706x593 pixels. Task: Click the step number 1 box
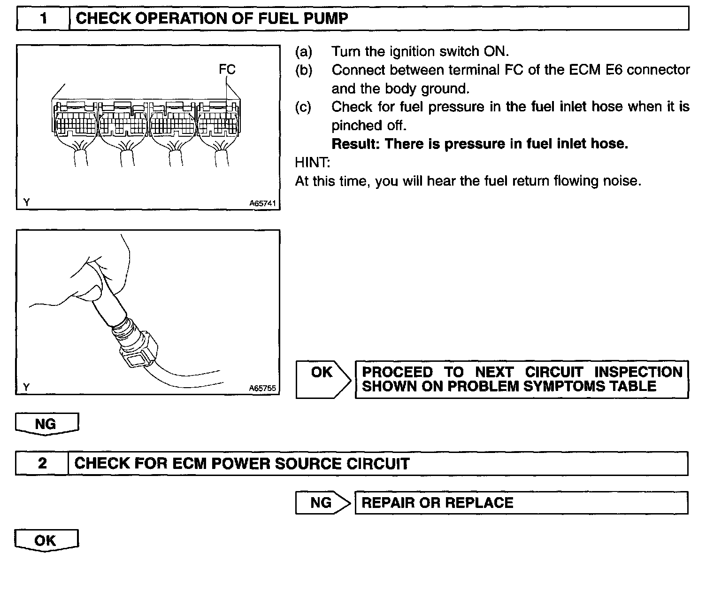(x=43, y=19)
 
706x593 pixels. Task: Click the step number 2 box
(x=42, y=463)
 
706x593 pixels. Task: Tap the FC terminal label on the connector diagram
(x=227, y=70)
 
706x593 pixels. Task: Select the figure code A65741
(x=262, y=203)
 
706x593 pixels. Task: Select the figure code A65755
(x=262, y=388)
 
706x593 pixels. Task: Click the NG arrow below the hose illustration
(x=46, y=424)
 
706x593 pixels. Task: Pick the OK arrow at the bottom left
(x=46, y=540)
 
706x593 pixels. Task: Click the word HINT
(x=312, y=163)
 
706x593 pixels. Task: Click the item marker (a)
(x=303, y=51)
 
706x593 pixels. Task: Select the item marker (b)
(x=303, y=70)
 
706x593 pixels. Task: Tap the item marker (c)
(x=303, y=107)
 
